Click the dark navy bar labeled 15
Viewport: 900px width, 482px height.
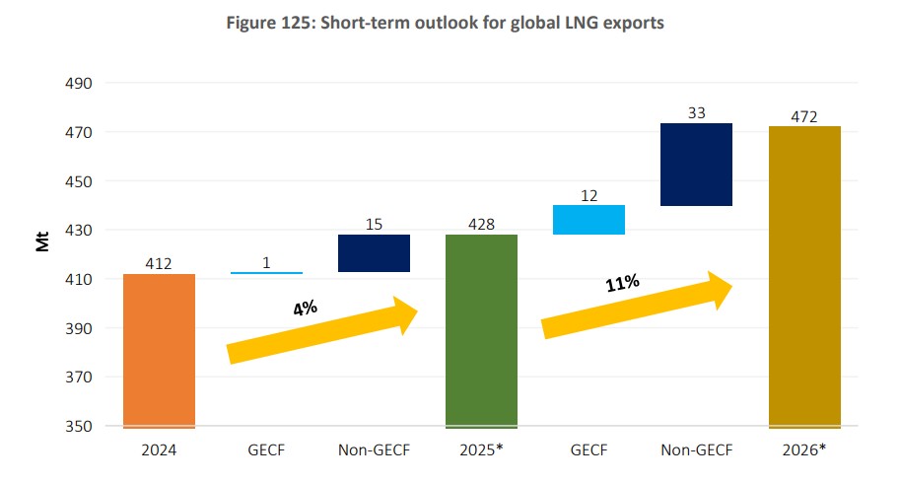click(x=374, y=253)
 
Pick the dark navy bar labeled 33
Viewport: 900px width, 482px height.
click(x=697, y=165)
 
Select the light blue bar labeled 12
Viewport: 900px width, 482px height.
click(x=589, y=220)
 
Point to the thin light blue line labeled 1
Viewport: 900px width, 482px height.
click(x=266, y=273)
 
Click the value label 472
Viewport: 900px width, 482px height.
click(x=804, y=117)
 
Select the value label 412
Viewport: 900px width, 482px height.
click(x=159, y=264)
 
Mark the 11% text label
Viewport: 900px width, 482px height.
click(x=622, y=283)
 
